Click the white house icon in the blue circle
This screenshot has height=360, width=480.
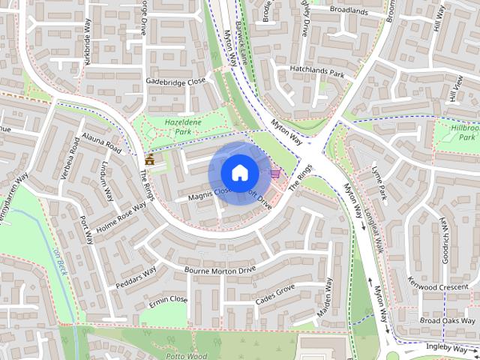(x=238, y=172)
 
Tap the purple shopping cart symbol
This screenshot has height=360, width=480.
(x=275, y=173)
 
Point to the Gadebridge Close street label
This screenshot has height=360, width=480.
(x=175, y=81)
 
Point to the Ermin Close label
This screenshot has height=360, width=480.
(x=168, y=299)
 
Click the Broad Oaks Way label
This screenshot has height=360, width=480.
(x=448, y=320)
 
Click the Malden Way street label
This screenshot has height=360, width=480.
(x=326, y=297)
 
